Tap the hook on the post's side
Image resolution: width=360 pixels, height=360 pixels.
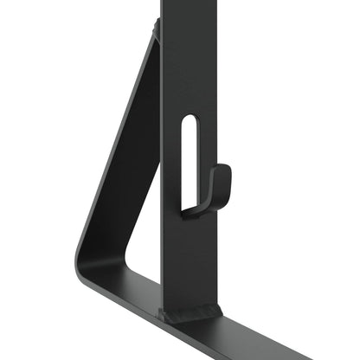215,190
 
